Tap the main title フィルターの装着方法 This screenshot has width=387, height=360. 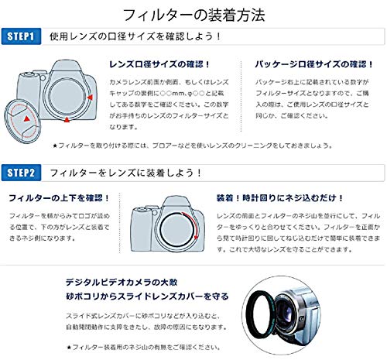193,13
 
